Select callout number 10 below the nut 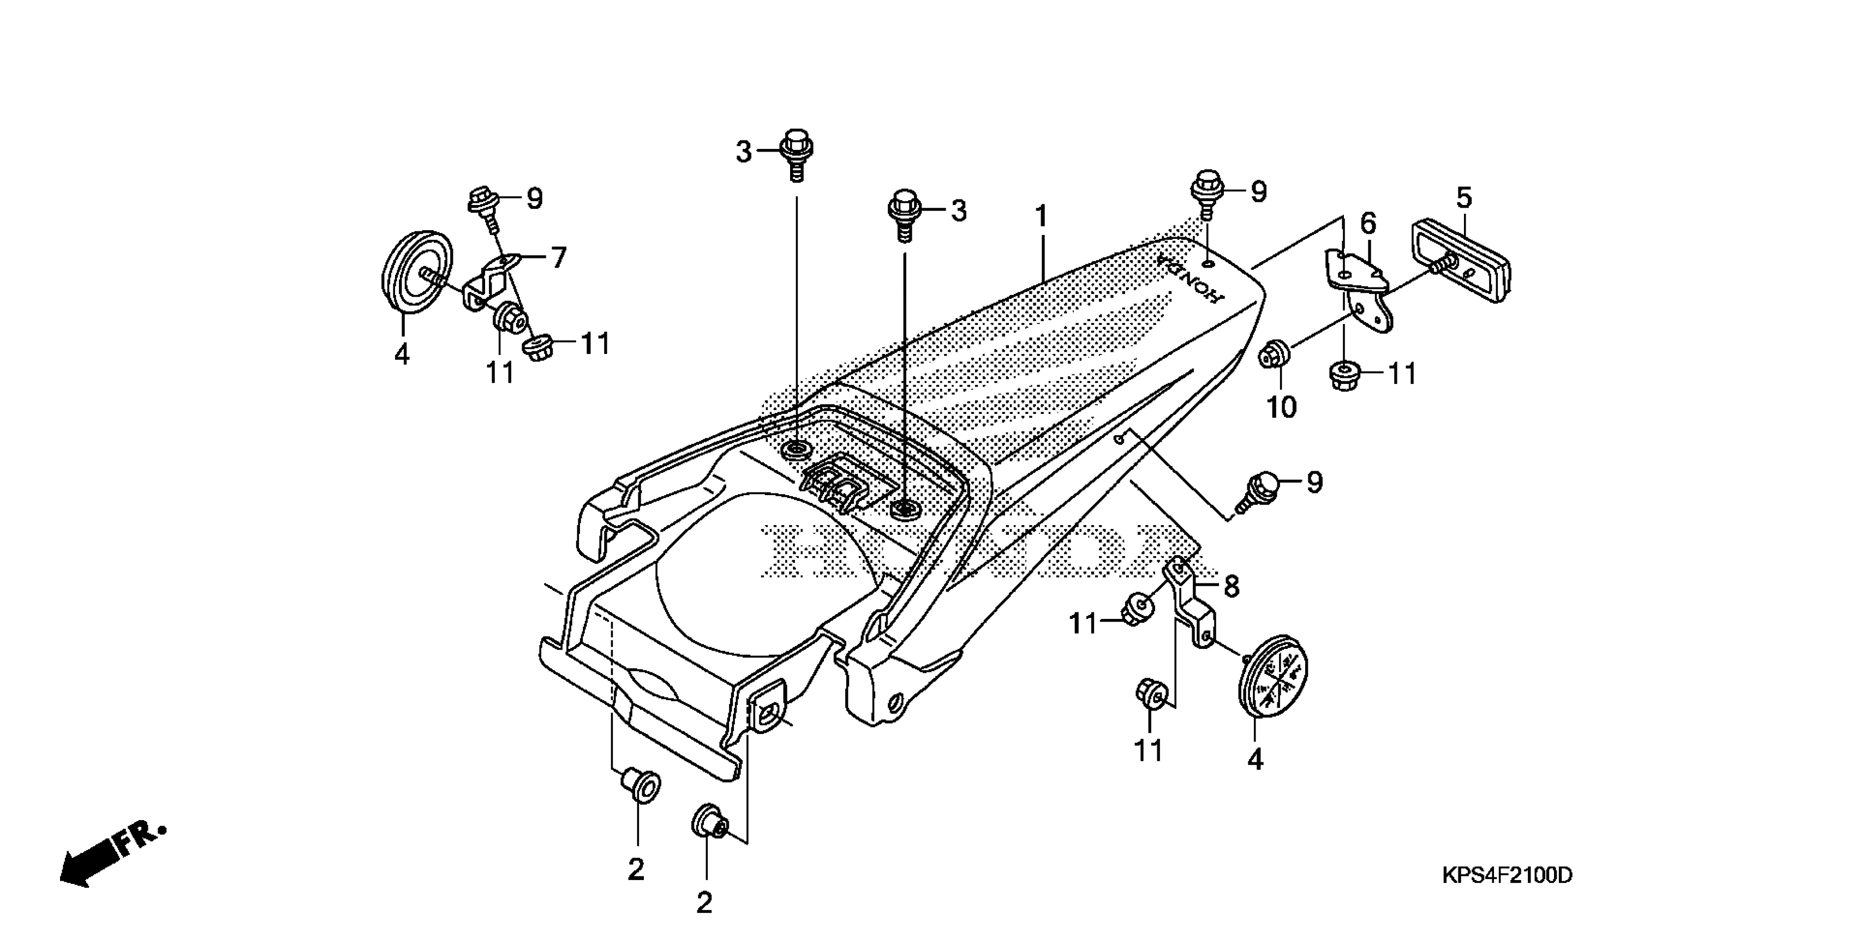1282,407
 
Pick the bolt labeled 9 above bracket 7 485,205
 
